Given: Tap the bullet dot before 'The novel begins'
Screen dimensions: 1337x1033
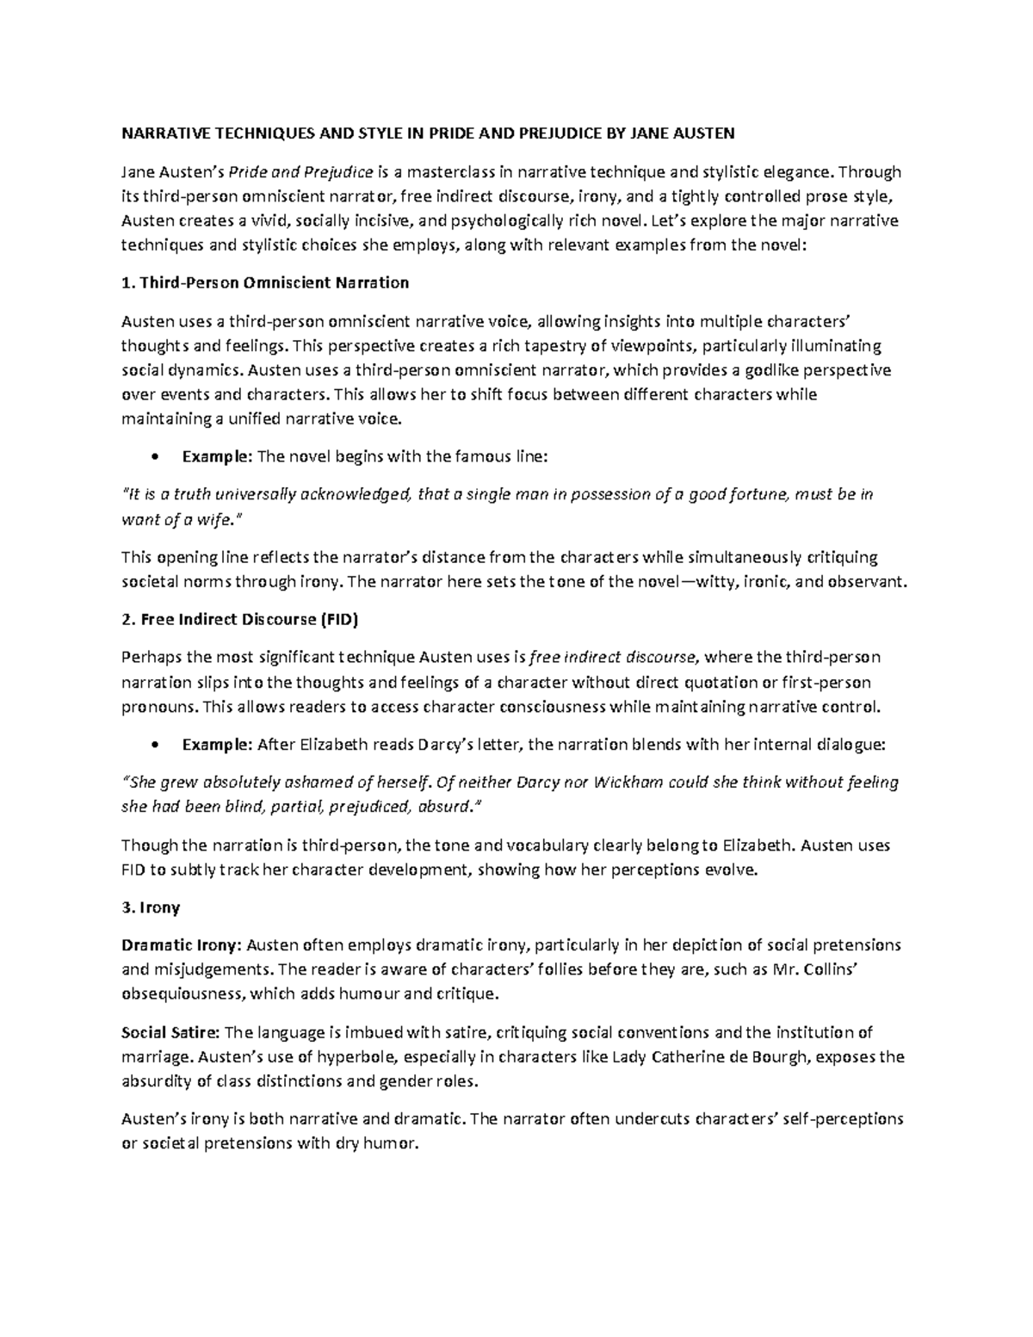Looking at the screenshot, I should [155, 457].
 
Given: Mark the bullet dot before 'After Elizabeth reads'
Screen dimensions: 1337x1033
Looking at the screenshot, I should [155, 745].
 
